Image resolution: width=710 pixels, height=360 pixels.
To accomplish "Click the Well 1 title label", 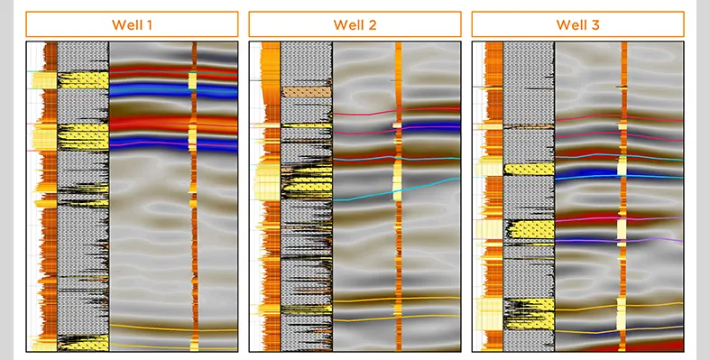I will [132, 24].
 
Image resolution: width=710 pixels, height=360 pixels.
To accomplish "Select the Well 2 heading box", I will [355, 24].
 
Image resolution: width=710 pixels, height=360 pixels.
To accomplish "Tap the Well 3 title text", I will [577, 24].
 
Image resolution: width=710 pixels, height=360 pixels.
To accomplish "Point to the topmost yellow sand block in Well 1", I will [83, 80].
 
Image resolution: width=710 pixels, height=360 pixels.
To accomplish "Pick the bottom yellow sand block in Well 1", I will [83, 343].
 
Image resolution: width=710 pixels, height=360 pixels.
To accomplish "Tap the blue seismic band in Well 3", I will [586, 171].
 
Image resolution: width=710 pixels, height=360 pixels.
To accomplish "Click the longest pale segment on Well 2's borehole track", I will [398, 180].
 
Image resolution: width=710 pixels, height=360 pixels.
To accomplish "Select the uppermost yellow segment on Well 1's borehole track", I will [192, 80].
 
